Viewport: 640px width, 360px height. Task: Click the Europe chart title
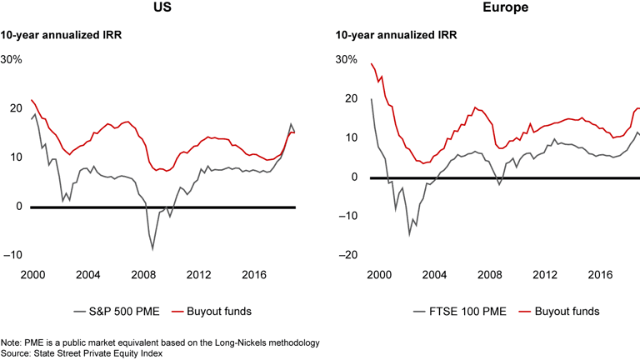[x=488, y=9]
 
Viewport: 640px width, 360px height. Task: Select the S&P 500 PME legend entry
[x=122, y=311]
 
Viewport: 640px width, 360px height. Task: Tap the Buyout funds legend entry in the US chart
[x=214, y=311]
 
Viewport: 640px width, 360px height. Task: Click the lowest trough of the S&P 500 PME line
[x=152, y=248]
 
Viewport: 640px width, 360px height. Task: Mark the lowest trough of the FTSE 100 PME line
[x=409, y=234]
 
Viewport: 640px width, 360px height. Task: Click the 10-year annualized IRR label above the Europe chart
[x=385, y=36]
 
